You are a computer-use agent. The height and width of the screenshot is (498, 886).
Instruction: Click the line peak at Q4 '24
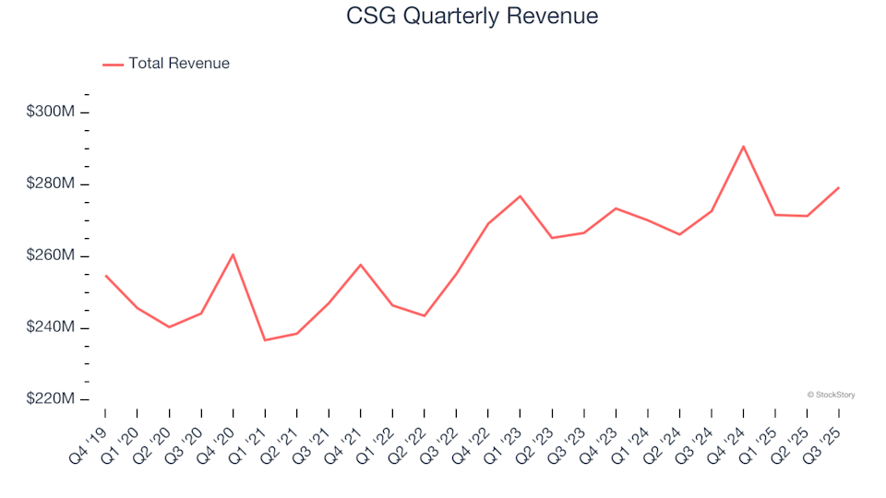pyautogui.click(x=743, y=146)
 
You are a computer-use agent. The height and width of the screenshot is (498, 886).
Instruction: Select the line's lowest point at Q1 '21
pyautogui.click(x=265, y=340)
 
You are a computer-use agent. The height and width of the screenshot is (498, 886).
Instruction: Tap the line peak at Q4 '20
pyautogui.click(x=233, y=255)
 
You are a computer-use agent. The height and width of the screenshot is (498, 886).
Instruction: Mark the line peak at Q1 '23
pyautogui.click(x=520, y=196)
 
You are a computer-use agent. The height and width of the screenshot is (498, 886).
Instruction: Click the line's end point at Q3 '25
pyautogui.click(x=838, y=188)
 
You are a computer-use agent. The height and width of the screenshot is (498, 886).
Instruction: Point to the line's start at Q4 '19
pyautogui.click(x=105, y=276)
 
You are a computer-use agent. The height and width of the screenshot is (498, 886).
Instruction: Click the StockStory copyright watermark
pyautogui.click(x=831, y=395)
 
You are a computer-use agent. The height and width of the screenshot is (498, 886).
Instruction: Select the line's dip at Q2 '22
pyautogui.click(x=425, y=315)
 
